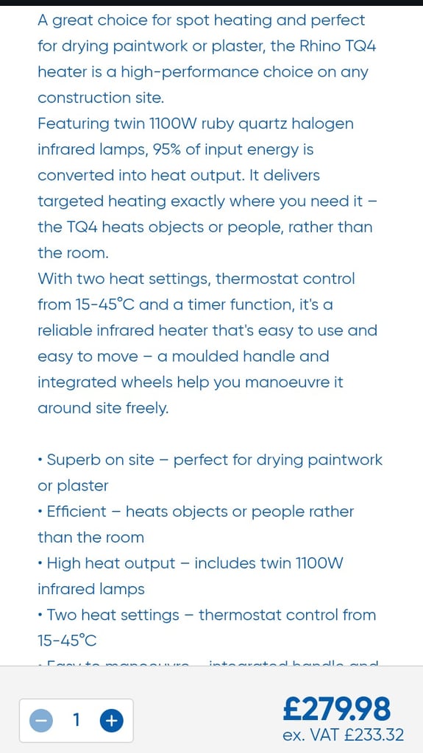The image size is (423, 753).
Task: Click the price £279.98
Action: point(337,710)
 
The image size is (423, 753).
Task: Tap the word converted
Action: point(77,176)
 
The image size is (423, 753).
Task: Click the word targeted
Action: point(70,201)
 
